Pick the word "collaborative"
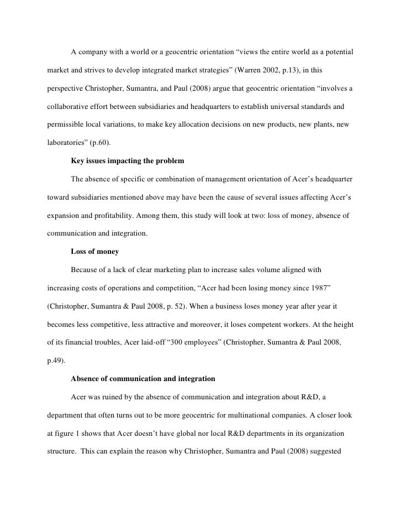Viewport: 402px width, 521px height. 66,106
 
